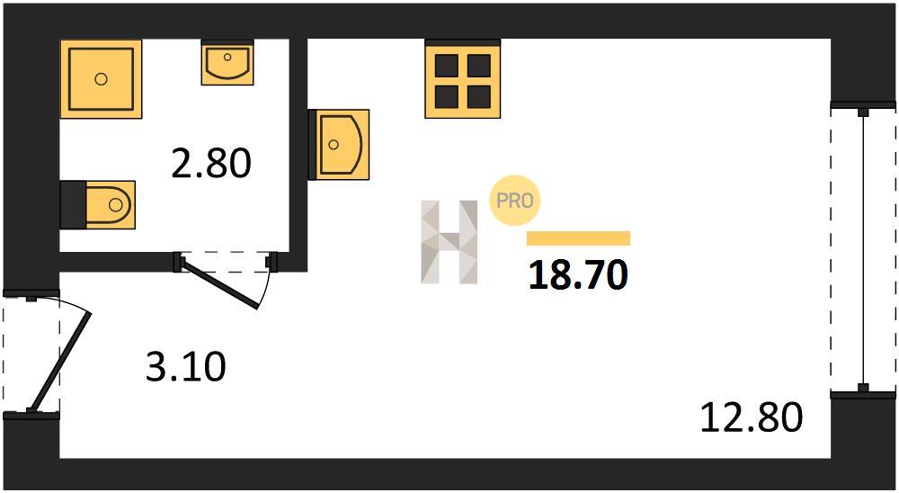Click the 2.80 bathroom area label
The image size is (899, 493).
[211, 163]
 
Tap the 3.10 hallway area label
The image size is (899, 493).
[186, 367]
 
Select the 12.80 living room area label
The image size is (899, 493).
[751, 417]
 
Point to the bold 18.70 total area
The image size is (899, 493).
[578, 275]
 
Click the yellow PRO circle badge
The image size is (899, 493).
[515, 201]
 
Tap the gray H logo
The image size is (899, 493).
[449, 242]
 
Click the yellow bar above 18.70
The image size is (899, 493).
[578, 238]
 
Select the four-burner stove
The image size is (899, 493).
[463, 79]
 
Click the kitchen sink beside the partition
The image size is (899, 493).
[339, 145]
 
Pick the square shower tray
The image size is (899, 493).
[101, 79]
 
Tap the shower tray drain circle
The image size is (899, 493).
[101, 79]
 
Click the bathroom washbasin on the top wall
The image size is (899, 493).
[227, 63]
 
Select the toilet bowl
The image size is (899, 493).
[111, 205]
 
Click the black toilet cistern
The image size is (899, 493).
[74, 205]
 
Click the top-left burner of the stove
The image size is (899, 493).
[446, 66]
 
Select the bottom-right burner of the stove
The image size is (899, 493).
[479, 97]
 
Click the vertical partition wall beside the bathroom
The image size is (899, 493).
[298, 155]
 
